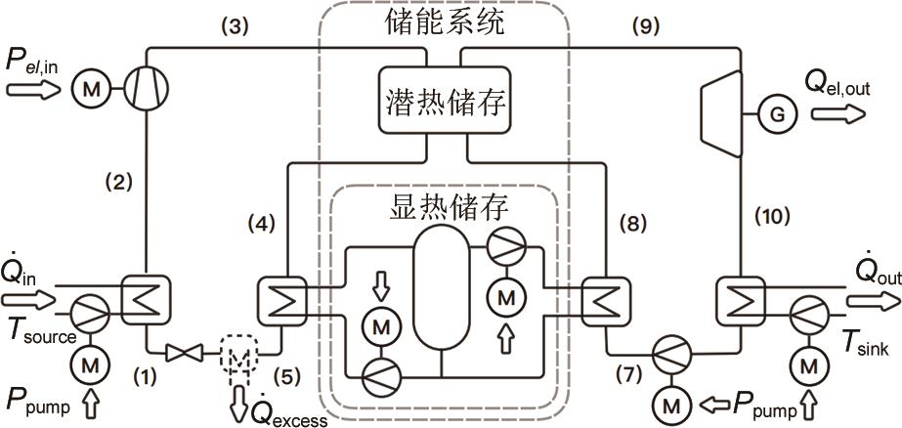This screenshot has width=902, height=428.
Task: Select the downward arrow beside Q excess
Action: [x=238, y=401]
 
